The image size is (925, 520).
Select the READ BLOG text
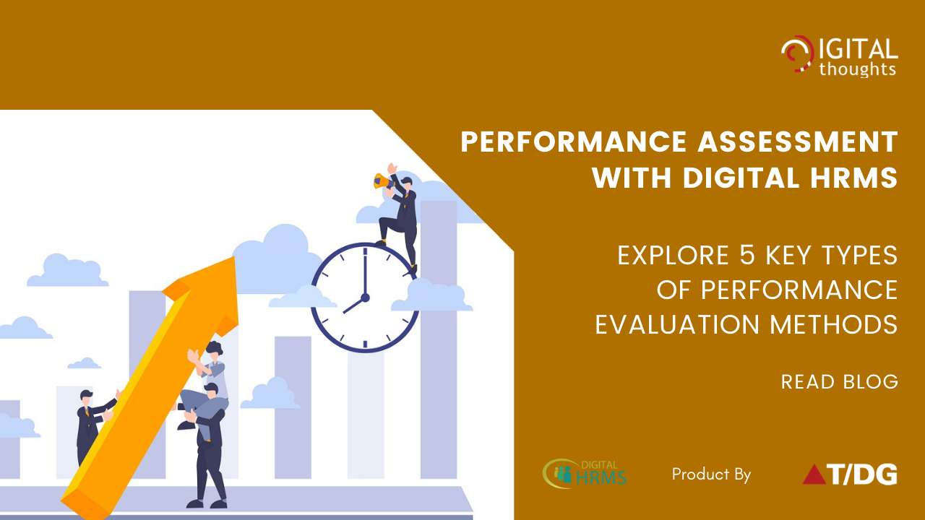click(x=839, y=382)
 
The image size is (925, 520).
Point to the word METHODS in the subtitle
click(x=834, y=324)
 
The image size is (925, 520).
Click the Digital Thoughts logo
click(x=839, y=56)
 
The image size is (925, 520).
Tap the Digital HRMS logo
click(x=585, y=474)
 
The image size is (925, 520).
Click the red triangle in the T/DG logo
click(x=814, y=474)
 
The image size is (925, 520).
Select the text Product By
click(x=711, y=474)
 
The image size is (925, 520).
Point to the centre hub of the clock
click(x=365, y=298)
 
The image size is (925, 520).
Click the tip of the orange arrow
click(x=235, y=258)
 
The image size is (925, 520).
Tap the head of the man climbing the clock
click(x=406, y=183)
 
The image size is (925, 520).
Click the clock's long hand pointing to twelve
click(x=365, y=272)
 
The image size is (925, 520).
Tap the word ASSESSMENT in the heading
click(x=798, y=142)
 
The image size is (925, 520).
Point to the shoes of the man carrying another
click(x=207, y=504)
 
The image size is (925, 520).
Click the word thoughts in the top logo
click(x=858, y=69)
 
